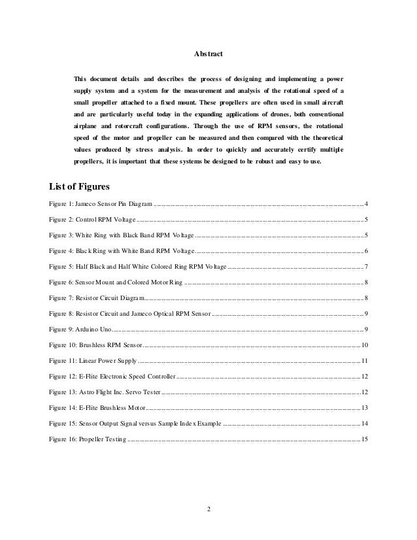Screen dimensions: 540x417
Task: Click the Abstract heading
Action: coord(208,53)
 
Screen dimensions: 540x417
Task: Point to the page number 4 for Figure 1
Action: coord(366,205)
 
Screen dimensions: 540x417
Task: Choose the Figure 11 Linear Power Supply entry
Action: coord(93,360)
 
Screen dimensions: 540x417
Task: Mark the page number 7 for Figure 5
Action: coord(366,267)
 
